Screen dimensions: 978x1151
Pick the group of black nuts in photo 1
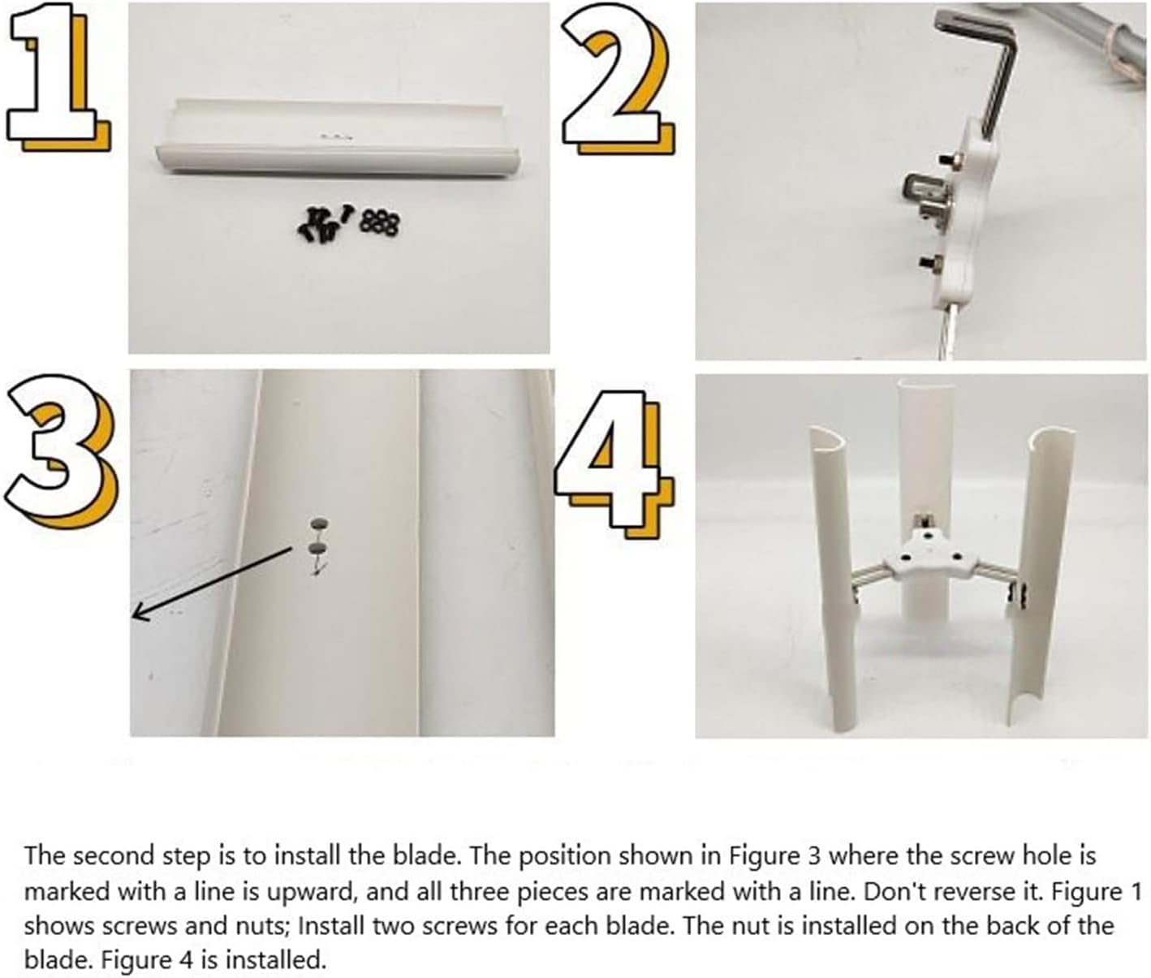[x=378, y=222]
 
